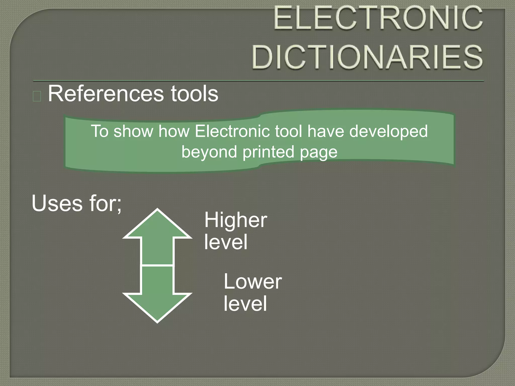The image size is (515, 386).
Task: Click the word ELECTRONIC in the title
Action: (x=378, y=18)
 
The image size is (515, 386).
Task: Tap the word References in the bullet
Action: (x=106, y=94)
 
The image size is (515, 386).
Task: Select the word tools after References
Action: (x=194, y=94)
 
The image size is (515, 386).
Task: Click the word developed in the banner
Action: (x=389, y=132)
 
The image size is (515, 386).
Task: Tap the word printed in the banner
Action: (x=268, y=152)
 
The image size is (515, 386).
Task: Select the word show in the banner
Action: (x=133, y=131)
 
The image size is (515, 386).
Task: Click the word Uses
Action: (x=57, y=204)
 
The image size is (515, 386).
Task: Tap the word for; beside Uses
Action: (x=105, y=204)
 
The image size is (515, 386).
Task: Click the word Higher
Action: (x=236, y=220)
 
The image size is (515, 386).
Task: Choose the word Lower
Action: (x=252, y=281)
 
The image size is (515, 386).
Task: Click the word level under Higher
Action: (x=226, y=242)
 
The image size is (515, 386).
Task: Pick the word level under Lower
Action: (x=245, y=304)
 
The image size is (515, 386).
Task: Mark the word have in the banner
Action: (x=326, y=131)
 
